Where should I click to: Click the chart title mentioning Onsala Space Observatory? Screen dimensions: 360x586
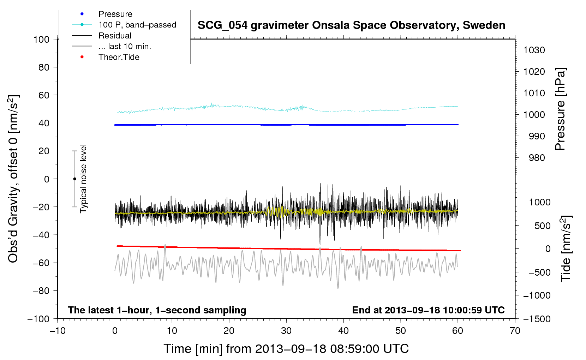[x=351, y=25]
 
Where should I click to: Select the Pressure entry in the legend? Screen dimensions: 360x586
[x=115, y=14]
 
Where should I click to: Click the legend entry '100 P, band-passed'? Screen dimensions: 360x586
[x=137, y=25]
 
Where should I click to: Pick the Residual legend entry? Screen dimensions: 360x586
[x=115, y=36]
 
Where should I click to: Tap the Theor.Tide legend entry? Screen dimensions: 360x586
[x=119, y=57]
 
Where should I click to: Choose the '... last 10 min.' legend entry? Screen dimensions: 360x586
[x=125, y=46]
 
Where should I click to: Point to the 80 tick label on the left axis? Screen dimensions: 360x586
[x=44, y=67]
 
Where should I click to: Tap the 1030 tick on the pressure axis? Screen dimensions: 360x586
[x=534, y=50]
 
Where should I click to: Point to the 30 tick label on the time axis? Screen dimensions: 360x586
[x=286, y=331]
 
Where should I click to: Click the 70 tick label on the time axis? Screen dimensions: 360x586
[x=515, y=331]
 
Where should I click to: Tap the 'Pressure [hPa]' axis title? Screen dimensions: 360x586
[x=560, y=109]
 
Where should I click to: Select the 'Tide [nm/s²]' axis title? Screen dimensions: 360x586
[x=566, y=249]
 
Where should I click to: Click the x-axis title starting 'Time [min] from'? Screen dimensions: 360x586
[x=286, y=349]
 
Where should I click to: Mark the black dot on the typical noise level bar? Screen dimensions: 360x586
[x=74, y=179]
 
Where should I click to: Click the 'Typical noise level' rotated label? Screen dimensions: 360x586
[x=83, y=179]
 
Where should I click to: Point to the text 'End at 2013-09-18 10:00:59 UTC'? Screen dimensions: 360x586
[x=428, y=310]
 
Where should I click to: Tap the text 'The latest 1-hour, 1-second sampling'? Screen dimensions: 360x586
[x=157, y=310]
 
